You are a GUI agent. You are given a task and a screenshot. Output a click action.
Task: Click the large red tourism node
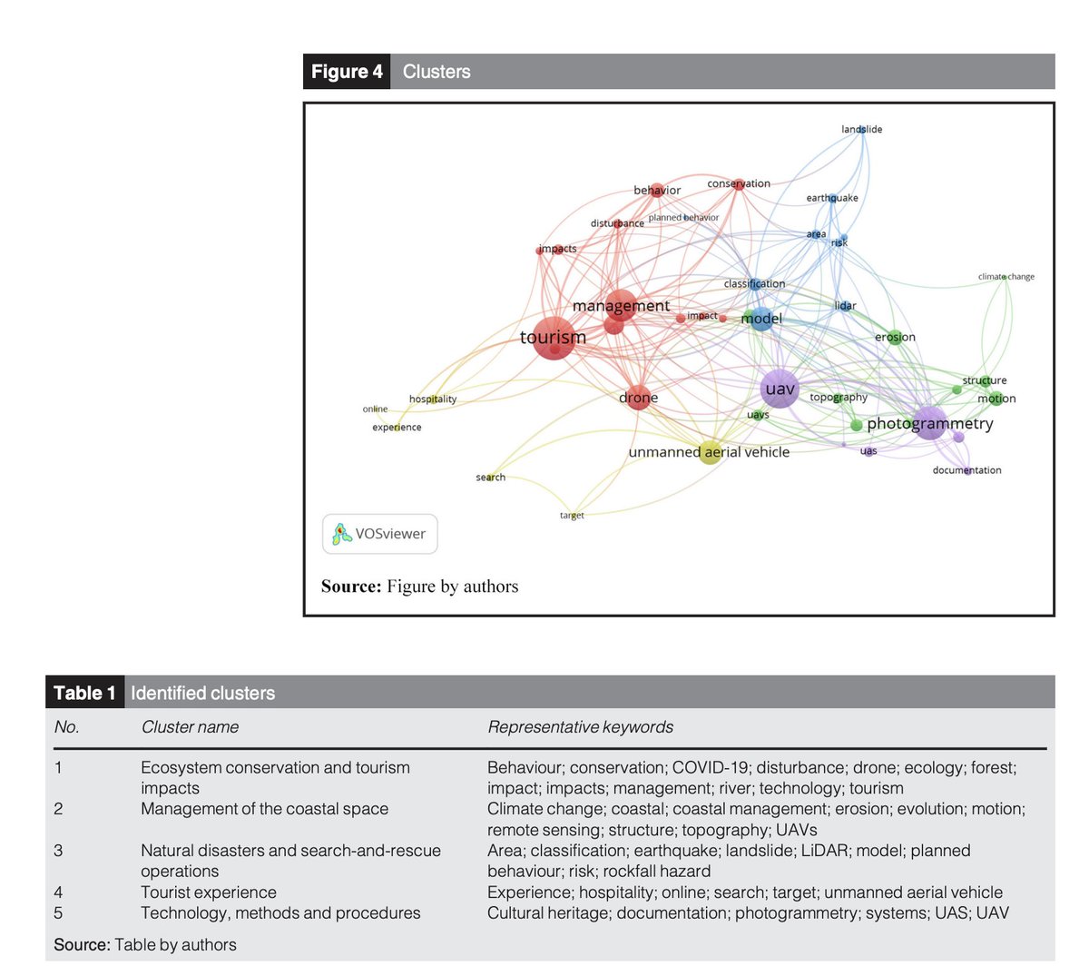coord(553,339)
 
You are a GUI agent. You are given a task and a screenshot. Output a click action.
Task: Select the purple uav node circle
coord(780,389)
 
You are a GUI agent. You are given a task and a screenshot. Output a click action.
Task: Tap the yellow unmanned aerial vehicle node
coord(711,452)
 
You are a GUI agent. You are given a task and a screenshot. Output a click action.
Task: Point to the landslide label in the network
coord(861,130)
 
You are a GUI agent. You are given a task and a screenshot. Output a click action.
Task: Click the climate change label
coord(1006,277)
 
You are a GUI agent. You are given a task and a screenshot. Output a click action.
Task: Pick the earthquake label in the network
coord(831,198)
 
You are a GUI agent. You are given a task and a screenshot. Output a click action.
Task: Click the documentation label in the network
coord(966,470)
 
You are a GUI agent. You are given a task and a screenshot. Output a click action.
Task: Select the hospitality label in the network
coord(433,399)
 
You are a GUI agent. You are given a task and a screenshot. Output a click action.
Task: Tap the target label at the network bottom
coord(572,516)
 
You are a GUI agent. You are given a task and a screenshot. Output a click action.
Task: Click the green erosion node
coord(895,338)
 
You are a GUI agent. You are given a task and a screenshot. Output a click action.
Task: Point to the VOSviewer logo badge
coord(380,534)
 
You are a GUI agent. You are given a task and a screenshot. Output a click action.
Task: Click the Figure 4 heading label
coord(347,72)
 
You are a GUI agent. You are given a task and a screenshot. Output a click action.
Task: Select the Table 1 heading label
coord(84,694)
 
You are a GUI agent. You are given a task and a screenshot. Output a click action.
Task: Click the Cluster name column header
coord(190,727)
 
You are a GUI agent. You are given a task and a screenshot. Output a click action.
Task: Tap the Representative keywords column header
coord(580,727)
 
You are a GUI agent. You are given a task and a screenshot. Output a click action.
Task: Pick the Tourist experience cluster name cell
coord(209,892)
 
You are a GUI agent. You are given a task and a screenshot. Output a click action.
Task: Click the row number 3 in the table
coord(59,851)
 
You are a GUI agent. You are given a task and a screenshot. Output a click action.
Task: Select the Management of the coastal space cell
coord(264,809)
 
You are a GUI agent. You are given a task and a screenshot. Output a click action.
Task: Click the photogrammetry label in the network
coord(930,424)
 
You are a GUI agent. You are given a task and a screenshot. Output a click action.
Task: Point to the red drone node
coord(638,398)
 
